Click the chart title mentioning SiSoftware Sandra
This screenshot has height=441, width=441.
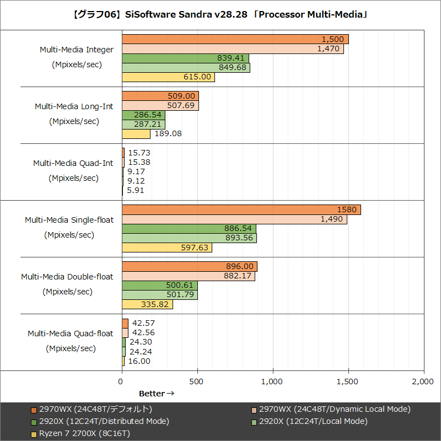220,15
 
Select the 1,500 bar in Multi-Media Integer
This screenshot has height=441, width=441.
235,39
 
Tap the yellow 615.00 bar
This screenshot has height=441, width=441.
168,77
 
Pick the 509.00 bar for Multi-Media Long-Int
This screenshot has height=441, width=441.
160,96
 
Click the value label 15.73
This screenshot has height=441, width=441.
138,153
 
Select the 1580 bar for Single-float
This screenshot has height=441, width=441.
241,209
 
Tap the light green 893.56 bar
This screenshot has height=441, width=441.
189,238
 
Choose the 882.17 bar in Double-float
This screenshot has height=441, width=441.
188,276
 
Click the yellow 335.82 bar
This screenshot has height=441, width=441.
147,304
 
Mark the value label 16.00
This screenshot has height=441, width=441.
138,361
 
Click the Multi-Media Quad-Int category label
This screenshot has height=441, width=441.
73,163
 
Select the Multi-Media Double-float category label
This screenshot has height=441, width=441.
67,277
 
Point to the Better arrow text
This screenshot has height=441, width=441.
156,394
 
